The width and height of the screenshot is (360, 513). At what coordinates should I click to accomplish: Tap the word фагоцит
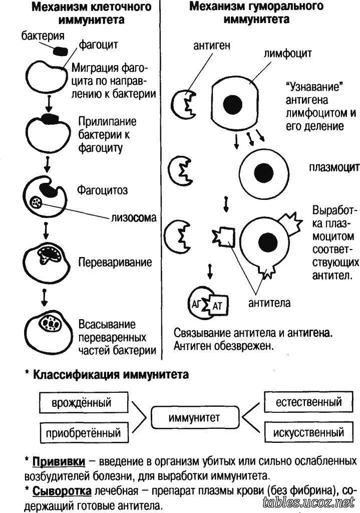[x=99, y=46]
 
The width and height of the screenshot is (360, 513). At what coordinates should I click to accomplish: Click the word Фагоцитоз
[x=102, y=190]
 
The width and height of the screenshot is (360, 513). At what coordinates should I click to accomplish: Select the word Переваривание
[x=115, y=262]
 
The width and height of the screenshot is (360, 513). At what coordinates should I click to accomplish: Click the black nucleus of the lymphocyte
[x=232, y=105]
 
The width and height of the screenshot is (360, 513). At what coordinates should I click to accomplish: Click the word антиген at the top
[x=212, y=46]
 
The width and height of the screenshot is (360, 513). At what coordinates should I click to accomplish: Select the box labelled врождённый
[x=81, y=403]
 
